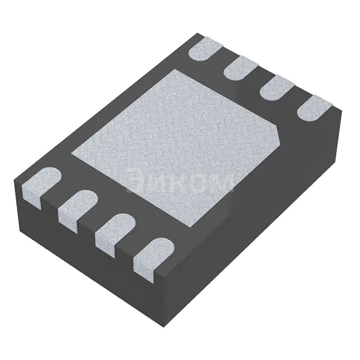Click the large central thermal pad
click(x=177, y=143)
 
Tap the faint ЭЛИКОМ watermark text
click(x=180, y=181)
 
